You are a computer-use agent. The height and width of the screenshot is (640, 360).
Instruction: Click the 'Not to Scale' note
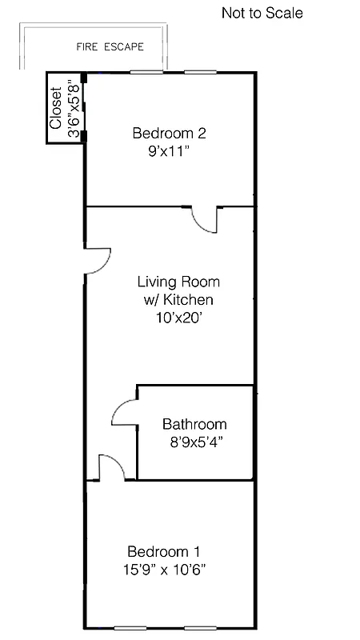pos(262,14)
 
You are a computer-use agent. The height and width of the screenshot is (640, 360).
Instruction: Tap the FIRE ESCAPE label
pos(110,47)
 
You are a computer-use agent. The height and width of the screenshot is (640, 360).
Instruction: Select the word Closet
pos(56,109)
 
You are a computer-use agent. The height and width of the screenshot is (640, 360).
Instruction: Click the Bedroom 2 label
pos(164,133)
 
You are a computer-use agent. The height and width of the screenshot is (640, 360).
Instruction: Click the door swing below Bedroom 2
pos(206,219)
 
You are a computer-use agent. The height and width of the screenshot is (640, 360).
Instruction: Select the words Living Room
pos(178,282)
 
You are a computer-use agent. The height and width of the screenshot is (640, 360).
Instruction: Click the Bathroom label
pos(194,425)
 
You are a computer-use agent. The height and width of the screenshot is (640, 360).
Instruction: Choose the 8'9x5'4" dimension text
pos(193,442)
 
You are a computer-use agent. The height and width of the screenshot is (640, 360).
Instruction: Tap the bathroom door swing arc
pos(124,412)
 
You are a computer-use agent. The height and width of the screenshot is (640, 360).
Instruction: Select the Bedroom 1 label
pos(164,552)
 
